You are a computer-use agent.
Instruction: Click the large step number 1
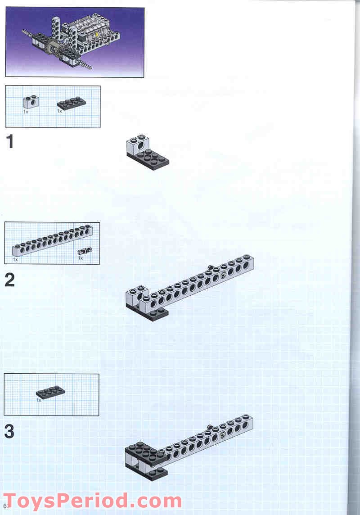[9, 142]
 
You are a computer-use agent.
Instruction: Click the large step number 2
[9, 280]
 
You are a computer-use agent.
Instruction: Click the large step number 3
[9, 432]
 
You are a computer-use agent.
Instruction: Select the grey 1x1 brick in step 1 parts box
[30, 102]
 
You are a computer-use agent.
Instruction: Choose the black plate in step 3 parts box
[50, 392]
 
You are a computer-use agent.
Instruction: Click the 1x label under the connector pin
[81, 258]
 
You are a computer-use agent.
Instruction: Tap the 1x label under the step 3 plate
[39, 400]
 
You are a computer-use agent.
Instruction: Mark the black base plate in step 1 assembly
[153, 160]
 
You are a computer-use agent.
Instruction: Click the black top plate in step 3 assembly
[142, 451]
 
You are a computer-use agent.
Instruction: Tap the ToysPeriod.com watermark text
[92, 501]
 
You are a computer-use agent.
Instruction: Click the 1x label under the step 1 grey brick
[26, 111]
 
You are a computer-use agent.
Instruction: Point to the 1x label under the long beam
[15, 260]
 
